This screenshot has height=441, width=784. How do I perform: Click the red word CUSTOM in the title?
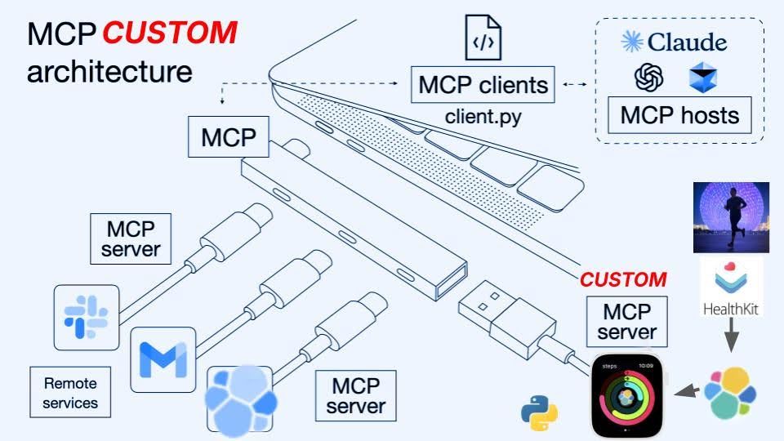click(170, 33)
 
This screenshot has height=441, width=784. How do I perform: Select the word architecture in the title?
click(109, 72)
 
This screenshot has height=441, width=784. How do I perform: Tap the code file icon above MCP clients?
click(483, 38)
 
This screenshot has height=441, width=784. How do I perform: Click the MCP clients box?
click(483, 84)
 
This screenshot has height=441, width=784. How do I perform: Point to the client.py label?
click(483, 116)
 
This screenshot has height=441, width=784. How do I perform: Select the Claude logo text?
click(674, 41)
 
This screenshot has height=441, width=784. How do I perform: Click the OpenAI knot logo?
click(648, 78)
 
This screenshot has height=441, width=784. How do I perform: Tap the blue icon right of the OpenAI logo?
click(702, 78)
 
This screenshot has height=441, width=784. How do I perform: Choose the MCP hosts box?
click(679, 115)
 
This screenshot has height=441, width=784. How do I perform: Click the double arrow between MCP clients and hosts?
click(575, 84)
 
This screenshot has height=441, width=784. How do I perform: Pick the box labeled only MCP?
click(229, 136)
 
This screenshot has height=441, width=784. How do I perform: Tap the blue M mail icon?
click(163, 359)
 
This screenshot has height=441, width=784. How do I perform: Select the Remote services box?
click(70, 392)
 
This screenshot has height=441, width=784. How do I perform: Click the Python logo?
click(540, 412)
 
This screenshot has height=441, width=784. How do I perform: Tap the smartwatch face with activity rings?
click(627, 396)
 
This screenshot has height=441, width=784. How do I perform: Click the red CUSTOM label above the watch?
click(623, 279)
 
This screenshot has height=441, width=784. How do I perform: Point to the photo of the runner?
click(727, 217)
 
